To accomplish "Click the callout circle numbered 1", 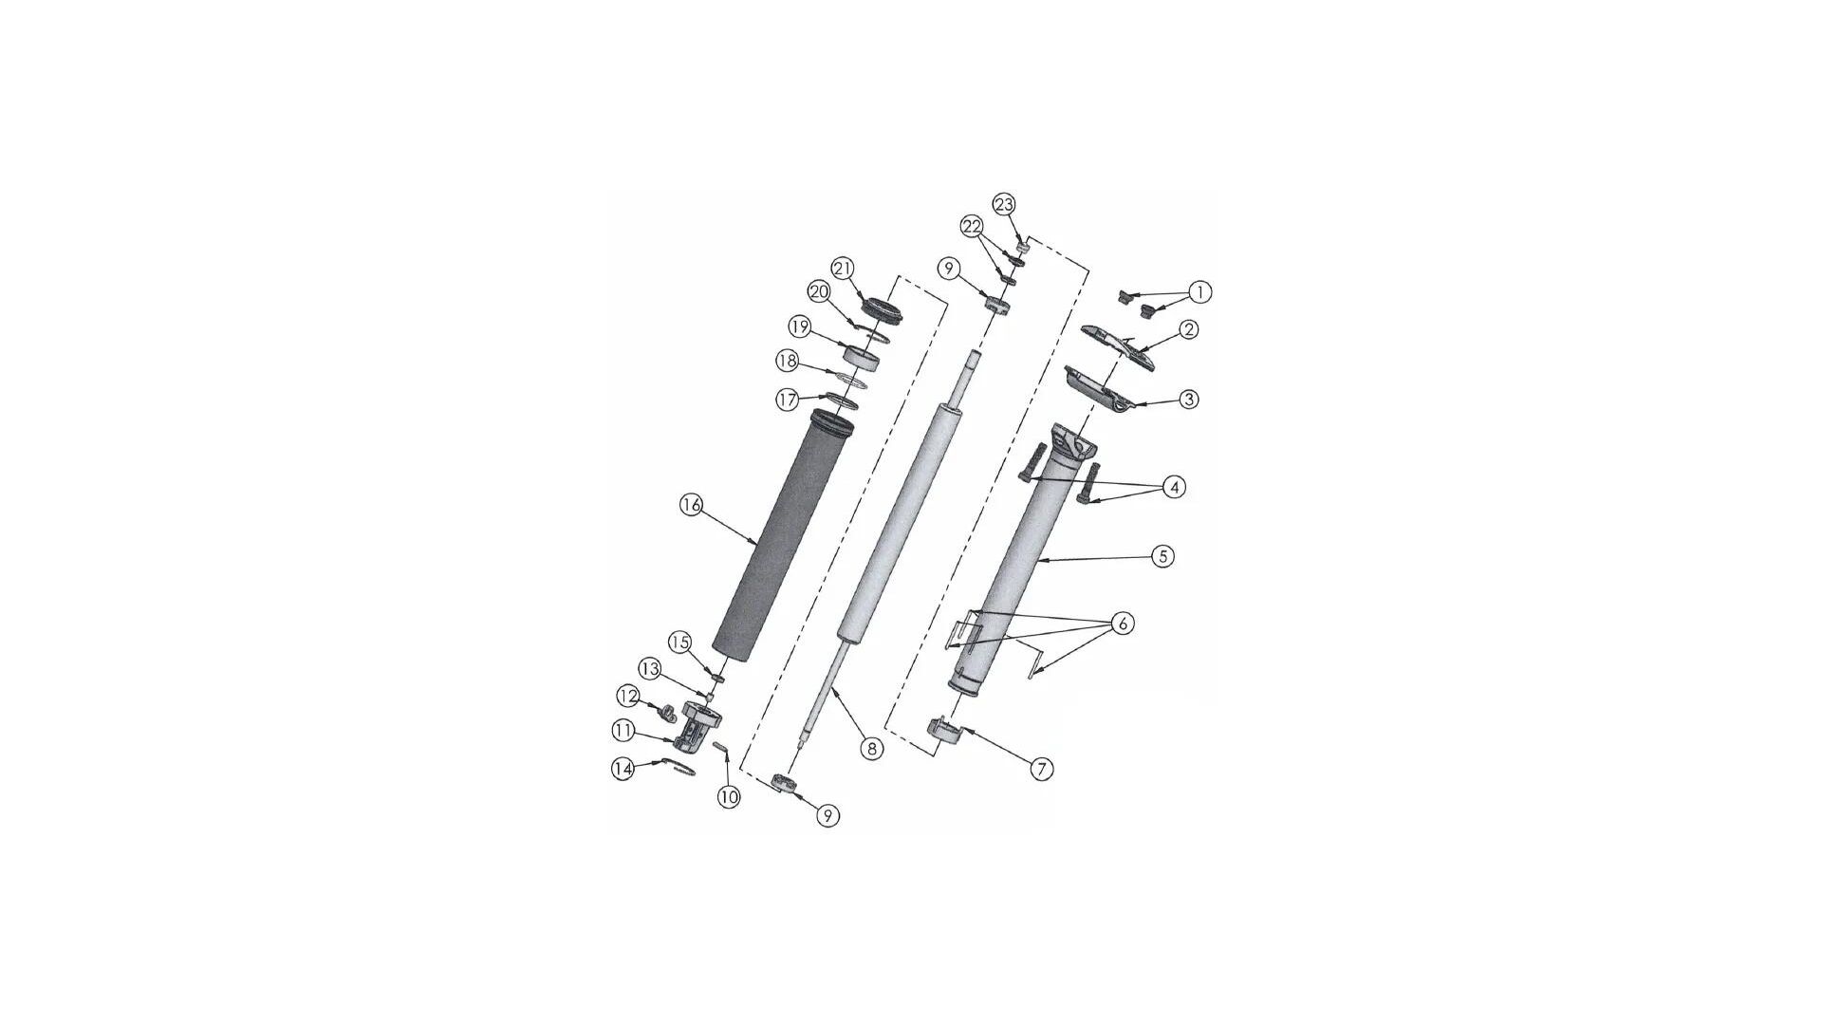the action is coord(1199,291).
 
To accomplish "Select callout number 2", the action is coord(1188,329).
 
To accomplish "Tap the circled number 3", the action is coord(1188,400).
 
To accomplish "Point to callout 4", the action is coord(1175,487).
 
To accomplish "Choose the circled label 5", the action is coord(1163,556).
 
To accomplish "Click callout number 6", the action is coord(1122,624).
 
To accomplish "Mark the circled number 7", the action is coord(1041,768).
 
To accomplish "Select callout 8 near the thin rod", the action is coord(871,748).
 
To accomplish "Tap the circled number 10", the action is coord(728,796).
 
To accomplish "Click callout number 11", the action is coord(623,731).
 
